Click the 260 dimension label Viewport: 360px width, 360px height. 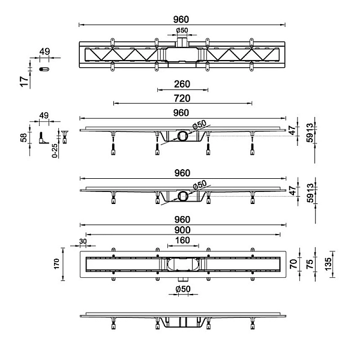[x=182, y=85]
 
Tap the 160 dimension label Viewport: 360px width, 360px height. [x=182, y=241]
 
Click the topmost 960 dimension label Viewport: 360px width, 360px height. [x=182, y=19]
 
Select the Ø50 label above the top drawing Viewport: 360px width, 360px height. [x=182, y=31]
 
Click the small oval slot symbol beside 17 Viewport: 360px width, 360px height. [x=43, y=70]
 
